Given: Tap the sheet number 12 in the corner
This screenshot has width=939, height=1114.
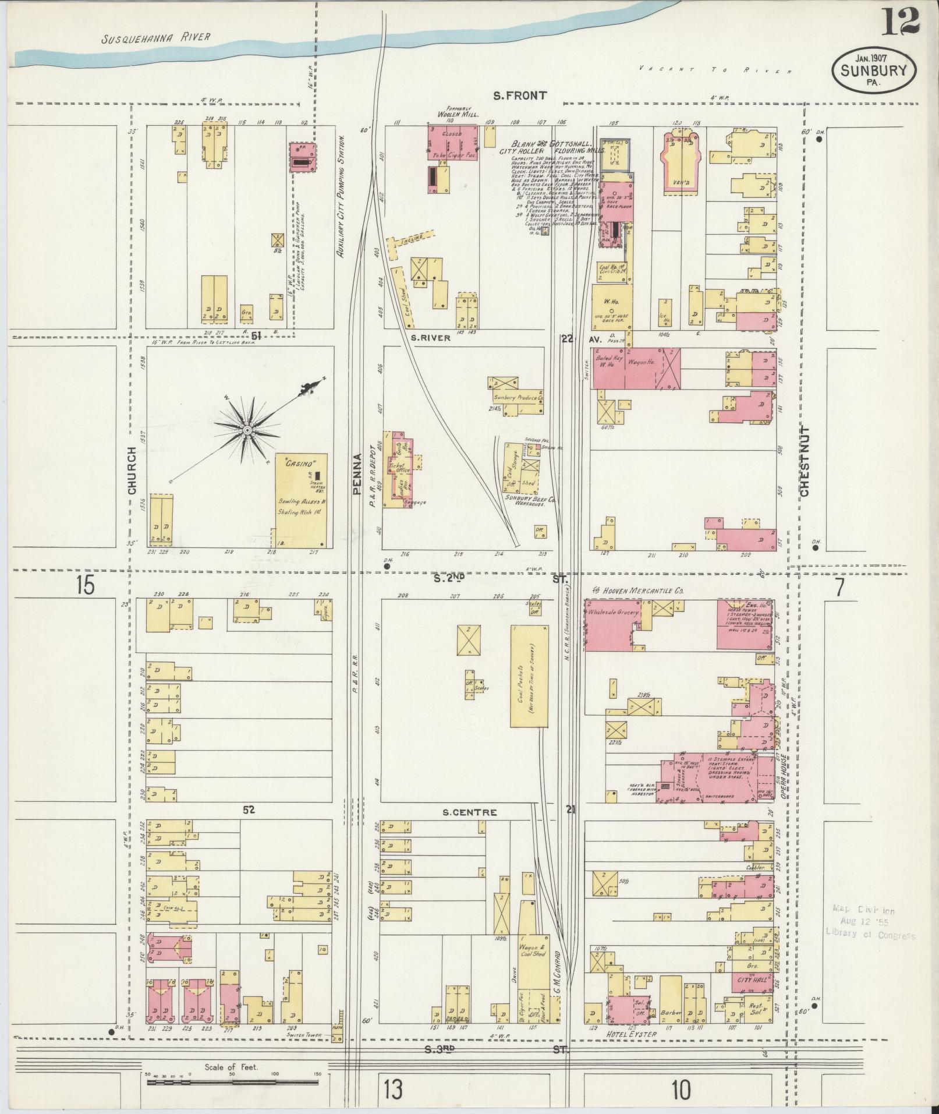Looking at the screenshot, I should pos(901,22).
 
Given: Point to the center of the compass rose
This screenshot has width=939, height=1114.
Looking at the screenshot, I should pos(247,430).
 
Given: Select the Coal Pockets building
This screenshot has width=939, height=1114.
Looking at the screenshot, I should pos(529,676).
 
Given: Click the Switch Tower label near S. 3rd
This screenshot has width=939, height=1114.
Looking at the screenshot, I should pos(300,1044).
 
